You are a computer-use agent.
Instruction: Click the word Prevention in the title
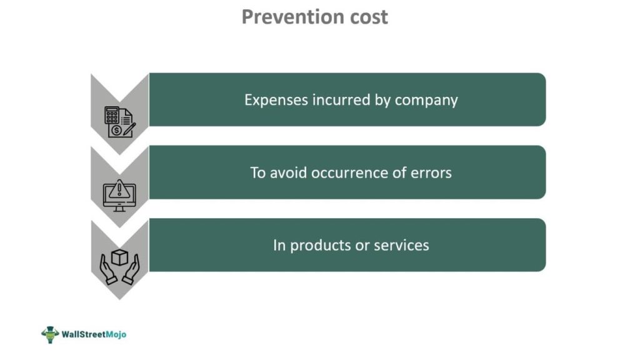coord(287,17)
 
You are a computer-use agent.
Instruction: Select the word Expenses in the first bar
coord(276,101)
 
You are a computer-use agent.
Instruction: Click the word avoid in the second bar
coord(288,172)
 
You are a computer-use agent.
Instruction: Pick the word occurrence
coord(349,173)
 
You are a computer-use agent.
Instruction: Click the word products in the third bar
coord(320,246)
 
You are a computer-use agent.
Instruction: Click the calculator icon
coord(112,115)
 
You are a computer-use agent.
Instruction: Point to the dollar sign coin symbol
coord(116,131)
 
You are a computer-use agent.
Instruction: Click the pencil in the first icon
coord(129,130)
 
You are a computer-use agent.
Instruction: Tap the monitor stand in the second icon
coord(119,208)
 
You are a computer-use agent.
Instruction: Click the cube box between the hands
coord(119,258)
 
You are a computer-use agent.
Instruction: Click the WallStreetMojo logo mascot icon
coord(50,335)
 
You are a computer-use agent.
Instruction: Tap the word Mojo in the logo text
coord(116,335)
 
